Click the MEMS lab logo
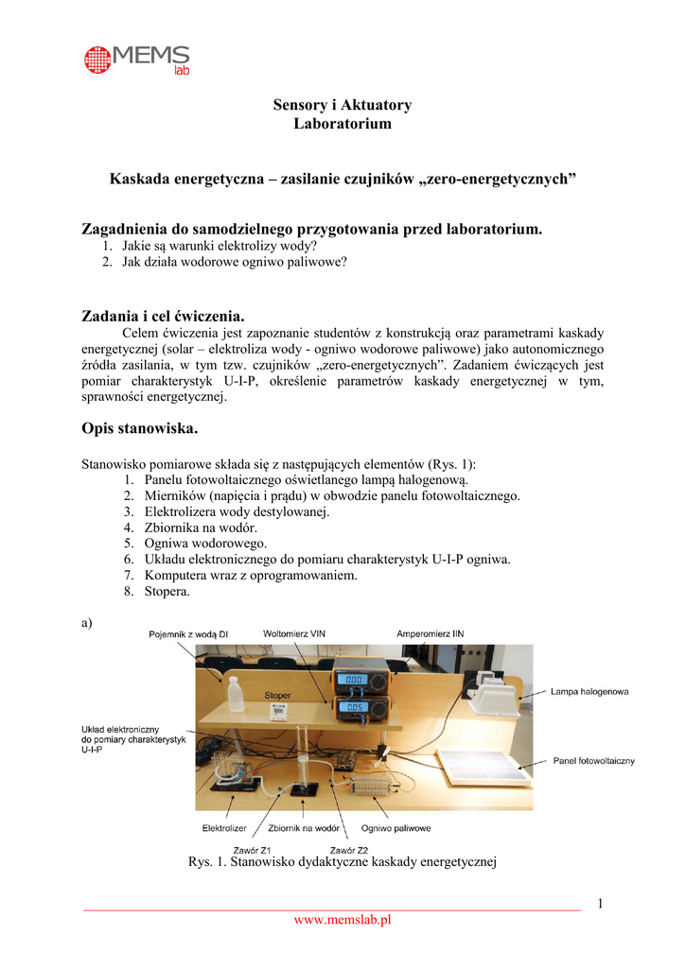[136, 60]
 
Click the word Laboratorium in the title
[342, 124]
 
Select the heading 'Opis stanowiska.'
[140, 428]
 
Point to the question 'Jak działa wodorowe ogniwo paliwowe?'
[234, 262]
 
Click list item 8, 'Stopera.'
[167, 592]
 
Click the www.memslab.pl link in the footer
[342, 920]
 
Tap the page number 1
[599, 904]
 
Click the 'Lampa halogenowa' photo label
[589, 692]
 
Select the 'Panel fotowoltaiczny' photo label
[593, 761]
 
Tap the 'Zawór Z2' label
[348, 848]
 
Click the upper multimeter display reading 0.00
[353, 680]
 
